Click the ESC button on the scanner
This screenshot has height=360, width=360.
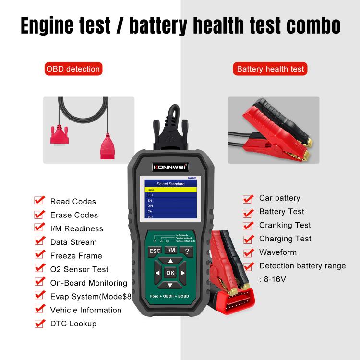coord(155,251)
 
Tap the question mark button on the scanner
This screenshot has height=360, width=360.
coord(186,251)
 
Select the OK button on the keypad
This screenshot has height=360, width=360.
coord(170,273)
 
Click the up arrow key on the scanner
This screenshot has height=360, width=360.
coord(170,261)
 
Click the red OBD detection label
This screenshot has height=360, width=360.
coord(73,69)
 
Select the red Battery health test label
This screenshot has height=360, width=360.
coord(271,69)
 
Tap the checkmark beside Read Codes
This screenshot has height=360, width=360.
coord(40,201)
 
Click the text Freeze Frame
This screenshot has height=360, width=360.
coord(76,256)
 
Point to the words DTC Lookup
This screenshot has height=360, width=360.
coord(73,324)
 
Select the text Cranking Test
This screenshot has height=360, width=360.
coord(285,225)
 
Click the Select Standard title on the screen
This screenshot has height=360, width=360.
coord(171,184)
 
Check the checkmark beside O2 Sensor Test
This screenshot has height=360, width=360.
coord(40,269)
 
